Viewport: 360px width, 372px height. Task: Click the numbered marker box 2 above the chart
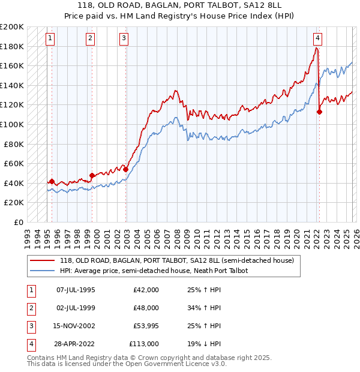tap(90, 39)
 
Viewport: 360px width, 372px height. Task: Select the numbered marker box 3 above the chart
tap(124, 39)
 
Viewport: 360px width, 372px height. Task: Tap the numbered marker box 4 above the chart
tap(317, 39)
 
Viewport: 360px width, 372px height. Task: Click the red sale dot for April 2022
tap(319, 111)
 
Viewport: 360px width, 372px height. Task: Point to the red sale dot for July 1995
tap(52, 181)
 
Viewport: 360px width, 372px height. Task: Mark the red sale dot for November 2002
tap(126, 169)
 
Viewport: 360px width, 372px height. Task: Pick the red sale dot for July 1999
tap(92, 175)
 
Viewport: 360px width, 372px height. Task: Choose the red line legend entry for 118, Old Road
tap(176, 261)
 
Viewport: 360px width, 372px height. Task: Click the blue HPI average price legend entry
tap(154, 271)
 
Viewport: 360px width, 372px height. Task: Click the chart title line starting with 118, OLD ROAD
tap(180, 5)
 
